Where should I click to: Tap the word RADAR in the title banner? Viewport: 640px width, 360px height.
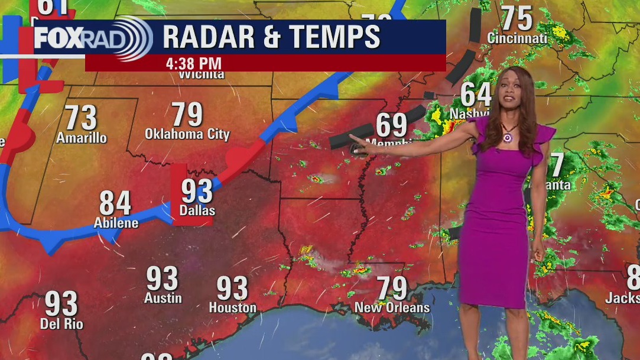pos(207,37)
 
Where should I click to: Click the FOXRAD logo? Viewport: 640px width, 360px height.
pos(92,38)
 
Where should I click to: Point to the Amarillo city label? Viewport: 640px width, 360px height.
pos(82,138)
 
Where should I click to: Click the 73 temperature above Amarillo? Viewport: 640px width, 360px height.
pos(81,118)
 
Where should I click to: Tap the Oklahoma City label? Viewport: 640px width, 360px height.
pos(187,134)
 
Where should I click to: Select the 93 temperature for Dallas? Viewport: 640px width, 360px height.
pos(197,191)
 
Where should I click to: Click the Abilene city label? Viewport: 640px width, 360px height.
pos(116,223)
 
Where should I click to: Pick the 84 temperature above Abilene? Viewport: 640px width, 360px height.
pos(115,203)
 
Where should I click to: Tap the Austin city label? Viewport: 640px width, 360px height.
pos(163,298)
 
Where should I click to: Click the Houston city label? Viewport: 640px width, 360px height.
pos(232,307)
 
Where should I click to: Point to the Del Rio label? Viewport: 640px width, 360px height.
pos(61,323)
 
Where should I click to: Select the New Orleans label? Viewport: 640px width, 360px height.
pos(392,307)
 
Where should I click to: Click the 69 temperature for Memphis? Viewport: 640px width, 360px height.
pos(392,125)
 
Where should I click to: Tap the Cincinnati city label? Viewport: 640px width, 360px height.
pos(517,38)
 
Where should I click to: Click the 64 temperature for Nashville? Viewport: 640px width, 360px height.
pos(476,95)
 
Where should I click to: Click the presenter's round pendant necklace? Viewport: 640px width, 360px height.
pos(507,138)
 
